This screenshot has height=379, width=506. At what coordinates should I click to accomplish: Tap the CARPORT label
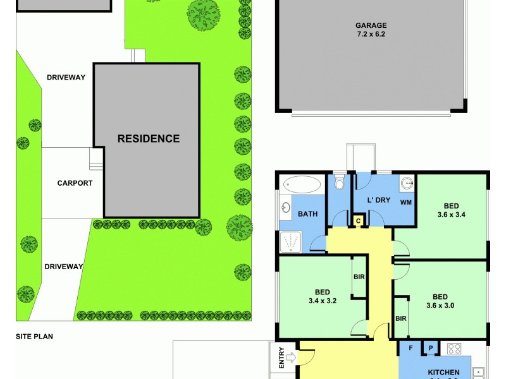click(75, 183)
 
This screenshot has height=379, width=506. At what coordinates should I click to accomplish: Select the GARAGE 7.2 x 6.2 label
click(371, 30)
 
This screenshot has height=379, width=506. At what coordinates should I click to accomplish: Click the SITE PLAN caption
click(34, 337)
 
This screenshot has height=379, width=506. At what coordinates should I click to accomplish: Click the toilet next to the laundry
click(340, 183)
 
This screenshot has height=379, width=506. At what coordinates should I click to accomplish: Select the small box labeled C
click(358, 220)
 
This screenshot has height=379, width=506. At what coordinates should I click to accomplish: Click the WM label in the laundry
click(406, 202)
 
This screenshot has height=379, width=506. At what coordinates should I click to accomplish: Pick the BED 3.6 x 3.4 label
click(451, 210)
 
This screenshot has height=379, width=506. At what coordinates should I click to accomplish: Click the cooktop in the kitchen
click(454, 348)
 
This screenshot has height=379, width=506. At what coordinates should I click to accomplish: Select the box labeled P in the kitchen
click(431, 347)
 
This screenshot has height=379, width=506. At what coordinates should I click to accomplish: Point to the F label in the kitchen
click(410, 348)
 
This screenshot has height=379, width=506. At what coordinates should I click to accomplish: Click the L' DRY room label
click(379, 200)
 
